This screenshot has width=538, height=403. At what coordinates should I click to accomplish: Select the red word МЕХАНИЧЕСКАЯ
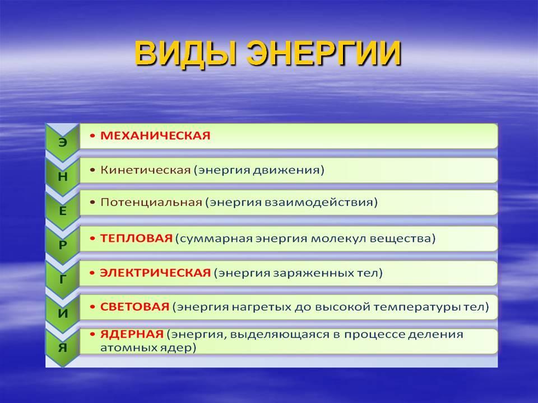(x=155, y=135)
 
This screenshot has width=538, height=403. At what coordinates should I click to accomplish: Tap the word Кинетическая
(x=145, y=170)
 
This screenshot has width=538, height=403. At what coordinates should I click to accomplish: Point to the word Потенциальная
(x=151, y=202)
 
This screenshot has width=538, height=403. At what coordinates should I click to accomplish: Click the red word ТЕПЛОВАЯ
(x=136, y=238)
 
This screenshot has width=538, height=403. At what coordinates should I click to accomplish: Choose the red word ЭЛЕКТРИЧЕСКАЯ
(x=155, y=273)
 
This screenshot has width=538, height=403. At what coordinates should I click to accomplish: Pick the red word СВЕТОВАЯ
(x=134, y=307)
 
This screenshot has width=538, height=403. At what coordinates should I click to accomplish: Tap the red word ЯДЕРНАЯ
(x=132, y=334)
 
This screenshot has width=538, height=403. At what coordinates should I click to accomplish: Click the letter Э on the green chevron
(x=62, y=142)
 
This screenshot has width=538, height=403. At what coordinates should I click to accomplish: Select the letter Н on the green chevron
(x=62, y=176)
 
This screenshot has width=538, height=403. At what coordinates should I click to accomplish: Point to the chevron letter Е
(x=62, y=211)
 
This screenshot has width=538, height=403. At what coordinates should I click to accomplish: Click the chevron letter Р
(x=62, y=245)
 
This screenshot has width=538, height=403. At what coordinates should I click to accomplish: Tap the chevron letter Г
(x=62, y=279)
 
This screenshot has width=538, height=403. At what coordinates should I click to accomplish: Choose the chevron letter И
(x=63, y=313)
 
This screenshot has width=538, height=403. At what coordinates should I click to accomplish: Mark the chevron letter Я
(x=62, y=348)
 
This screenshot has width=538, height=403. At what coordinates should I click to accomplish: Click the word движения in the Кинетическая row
(x=286, y=170)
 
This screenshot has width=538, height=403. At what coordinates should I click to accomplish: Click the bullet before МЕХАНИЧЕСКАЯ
(x=92, y=136)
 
